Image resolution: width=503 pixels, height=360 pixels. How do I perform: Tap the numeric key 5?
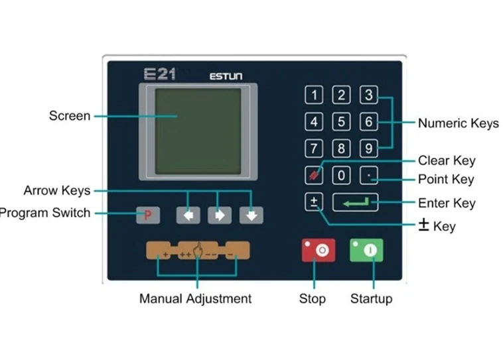pyautogui.click(x=341, y=122)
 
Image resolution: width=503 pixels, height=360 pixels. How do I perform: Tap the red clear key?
pyautogui.click(x=314, y=176)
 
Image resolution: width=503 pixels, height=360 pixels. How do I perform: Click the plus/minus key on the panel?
pyautogui.click(x=314, y=202)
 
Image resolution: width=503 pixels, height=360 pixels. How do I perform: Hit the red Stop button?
pyautogui.click(x=318, y=250)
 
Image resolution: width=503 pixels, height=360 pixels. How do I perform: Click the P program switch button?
pyautogui.click(x=148, y=215)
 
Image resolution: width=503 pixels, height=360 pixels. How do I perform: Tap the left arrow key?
pyautogui.click(x=188, y=215)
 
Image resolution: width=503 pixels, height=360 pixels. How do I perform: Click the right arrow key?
pyautogui.click(x=220, y=215)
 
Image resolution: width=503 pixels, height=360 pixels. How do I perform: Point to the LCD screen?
pyautogui.click(x=198, y=131)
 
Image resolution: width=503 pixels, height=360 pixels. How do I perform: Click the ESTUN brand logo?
pyautogui.click(x=226, y=76)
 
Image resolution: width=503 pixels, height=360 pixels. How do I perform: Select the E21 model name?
pyautogui.click(x=159, y=74)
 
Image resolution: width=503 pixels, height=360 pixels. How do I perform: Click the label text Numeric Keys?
pyautogui.click(x=458, y=123)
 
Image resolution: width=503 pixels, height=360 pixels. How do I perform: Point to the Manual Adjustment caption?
pyautogui.click(x=195, y=298)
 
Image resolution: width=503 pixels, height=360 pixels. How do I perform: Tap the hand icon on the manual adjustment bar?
pyautogui.click(x=198, y=252)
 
